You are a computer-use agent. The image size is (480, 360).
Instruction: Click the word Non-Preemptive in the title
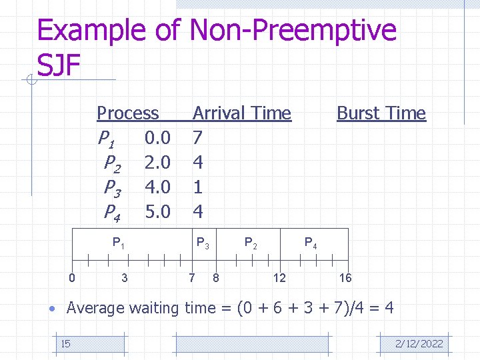[x=293, y=31]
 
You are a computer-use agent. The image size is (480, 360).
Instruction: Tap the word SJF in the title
[x=59, y=65]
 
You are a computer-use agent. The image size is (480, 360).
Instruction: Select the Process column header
[x=127, y=113]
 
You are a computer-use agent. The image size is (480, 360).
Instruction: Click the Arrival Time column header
[x=241, y=113]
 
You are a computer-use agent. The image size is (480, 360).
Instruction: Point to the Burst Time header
[x=381, y=113]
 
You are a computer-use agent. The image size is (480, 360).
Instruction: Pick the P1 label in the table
[x=105, y=139]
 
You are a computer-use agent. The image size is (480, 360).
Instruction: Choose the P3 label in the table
[x=113, y=187]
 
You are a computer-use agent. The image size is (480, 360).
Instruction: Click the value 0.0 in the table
[x=157, y=138]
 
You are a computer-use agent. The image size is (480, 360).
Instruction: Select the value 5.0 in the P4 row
[x=157, y=212]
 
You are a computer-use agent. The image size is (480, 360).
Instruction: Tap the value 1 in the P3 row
[x=197, y=187]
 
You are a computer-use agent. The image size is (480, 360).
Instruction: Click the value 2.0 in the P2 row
[x=157, y=163]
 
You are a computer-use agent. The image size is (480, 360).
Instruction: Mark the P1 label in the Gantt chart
[x=118, y=243]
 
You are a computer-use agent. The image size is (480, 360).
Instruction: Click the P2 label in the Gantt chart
[x=251, y=243]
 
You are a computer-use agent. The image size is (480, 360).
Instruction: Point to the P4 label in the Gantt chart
[x=311, y=243]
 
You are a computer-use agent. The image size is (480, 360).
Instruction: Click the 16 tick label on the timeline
[x=345, y=277]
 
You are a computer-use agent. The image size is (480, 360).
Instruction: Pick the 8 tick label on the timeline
[x=215, y=277]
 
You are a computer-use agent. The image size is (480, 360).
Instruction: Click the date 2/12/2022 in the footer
[x=419, y=344]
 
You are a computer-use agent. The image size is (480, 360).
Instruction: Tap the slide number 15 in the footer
[x=65, y=344]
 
